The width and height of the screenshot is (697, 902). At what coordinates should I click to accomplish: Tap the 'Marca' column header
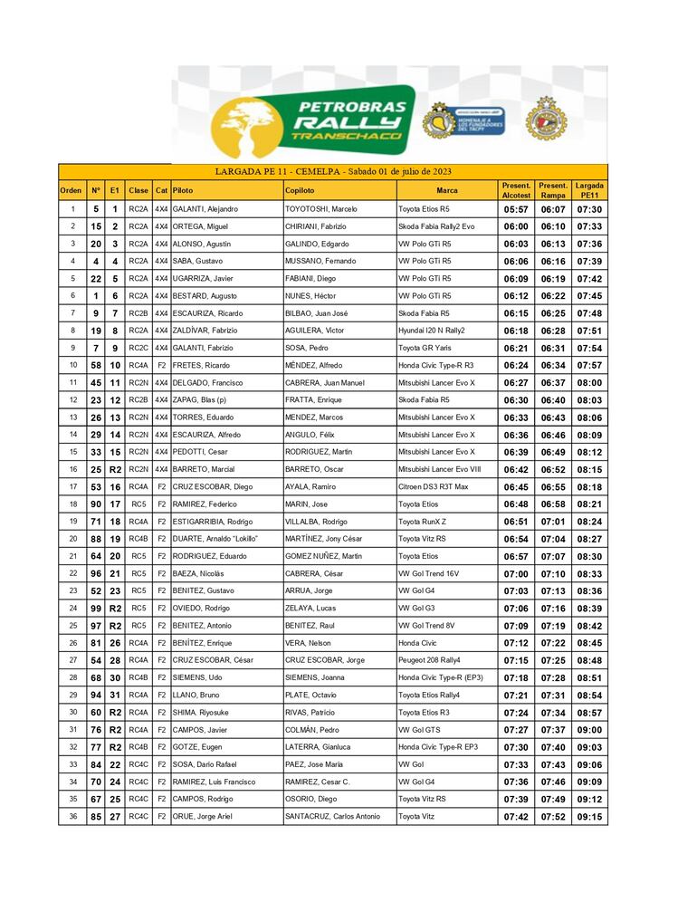(446, 191)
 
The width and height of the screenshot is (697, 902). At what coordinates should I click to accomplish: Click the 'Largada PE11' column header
(589, 190)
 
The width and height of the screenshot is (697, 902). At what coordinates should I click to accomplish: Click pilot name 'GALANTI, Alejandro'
(205, 209)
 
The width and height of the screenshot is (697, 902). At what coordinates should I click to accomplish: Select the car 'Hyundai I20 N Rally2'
(434, 331)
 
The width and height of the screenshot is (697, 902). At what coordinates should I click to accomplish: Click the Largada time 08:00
(589, 383)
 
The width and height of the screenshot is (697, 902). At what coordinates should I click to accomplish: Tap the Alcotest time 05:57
(516, 209)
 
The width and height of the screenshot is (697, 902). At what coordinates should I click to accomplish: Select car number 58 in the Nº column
(95, 366)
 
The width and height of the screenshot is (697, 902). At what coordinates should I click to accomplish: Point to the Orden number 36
(72, 818)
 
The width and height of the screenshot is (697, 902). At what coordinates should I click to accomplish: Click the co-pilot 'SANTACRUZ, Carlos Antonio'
(332, 818)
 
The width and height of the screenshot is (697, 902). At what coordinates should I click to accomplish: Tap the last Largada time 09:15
(589, 818)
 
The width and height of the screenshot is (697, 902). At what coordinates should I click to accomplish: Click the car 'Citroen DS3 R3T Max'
(434, 487)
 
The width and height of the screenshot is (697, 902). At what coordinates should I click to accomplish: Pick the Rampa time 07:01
(553, 522)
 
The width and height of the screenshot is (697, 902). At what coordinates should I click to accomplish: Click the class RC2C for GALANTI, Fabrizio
(138, 349)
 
